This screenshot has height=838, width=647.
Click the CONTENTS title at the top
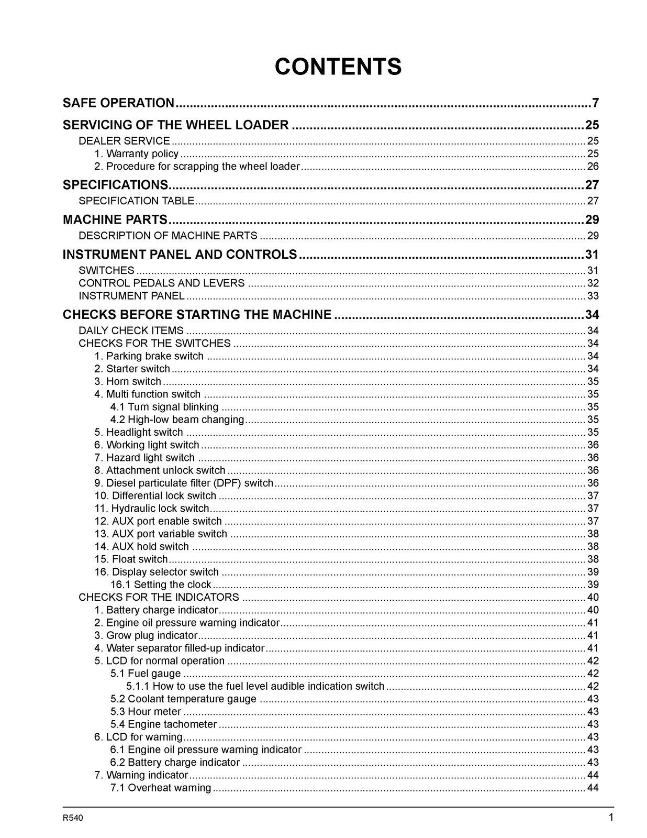pyautogui.click(x=338, y=67)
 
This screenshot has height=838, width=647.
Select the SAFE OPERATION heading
pyautogui.click(x=118, y=103)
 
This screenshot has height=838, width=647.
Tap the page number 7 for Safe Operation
pyautogui.click(x=595, y=103)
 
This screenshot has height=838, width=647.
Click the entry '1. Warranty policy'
pyautogui.click(x=137, y=153)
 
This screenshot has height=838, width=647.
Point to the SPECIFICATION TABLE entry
pyautogui.click(x=136, y=201)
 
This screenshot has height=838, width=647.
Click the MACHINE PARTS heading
pyautogui.click(x=115, y=219)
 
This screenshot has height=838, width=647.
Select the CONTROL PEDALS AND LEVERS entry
pyautogui.click(x=161, y=283)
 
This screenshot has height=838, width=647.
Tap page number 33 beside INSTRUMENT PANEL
pyautogui.click(x=593, y=296)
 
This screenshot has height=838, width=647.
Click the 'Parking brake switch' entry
pyautogui.click(x=149, y=356)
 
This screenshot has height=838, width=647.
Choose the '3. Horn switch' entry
pyautogui.click(x=128, y=381)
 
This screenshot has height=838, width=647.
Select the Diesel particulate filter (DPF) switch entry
pyautogui.click(x=184, y=483)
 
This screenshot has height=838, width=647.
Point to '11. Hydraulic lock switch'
pyautogui.click(x=152, y=508)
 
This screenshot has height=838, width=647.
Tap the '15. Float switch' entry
pyautogui.click(x=131, y=559)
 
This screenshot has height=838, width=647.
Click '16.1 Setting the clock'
pyautogui.click(x=161, y=585)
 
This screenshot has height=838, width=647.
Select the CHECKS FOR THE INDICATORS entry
pyautogui.click(x=159, y=597)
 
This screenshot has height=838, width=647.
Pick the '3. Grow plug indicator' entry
pyautogui.click(x=146, y=635)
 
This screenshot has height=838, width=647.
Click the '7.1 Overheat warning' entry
pyautogui.click(x=161, y=788)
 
